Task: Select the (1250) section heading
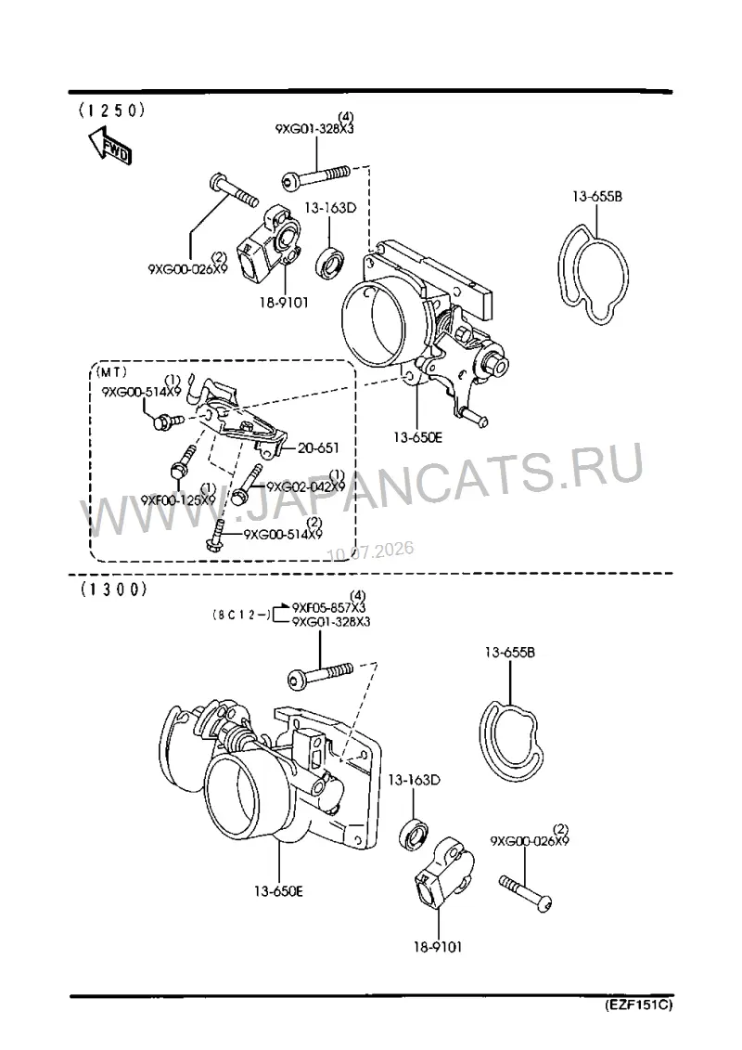pyautogui.click(x=111, y=110)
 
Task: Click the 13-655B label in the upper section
pyautogui.click(x=596, y=197)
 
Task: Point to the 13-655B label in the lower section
pyautogui.click(x=510, y=652)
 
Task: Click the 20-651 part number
pyautogui.click(x=318, y=448)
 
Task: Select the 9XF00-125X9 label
pyautogui.click(x=178, y=500)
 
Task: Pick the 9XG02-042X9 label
pyautogui.click(x=306, y=486)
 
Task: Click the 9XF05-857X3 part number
pyautogui.click(x=328, y=608)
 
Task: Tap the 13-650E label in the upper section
pyautogui.click(x=417, y=438)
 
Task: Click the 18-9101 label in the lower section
pyautogui.click(x=438, y=947)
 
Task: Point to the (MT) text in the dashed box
pyautogui.click(x=111, y=372)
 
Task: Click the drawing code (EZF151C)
pyautogui.click(x=638, y=1005)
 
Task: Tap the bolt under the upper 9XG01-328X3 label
pyautogui.click(x=315, y=177)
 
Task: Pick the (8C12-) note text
pyautogui.click(x=241, y=615)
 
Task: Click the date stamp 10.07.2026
pyautogui.click(x=370, y=551)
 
